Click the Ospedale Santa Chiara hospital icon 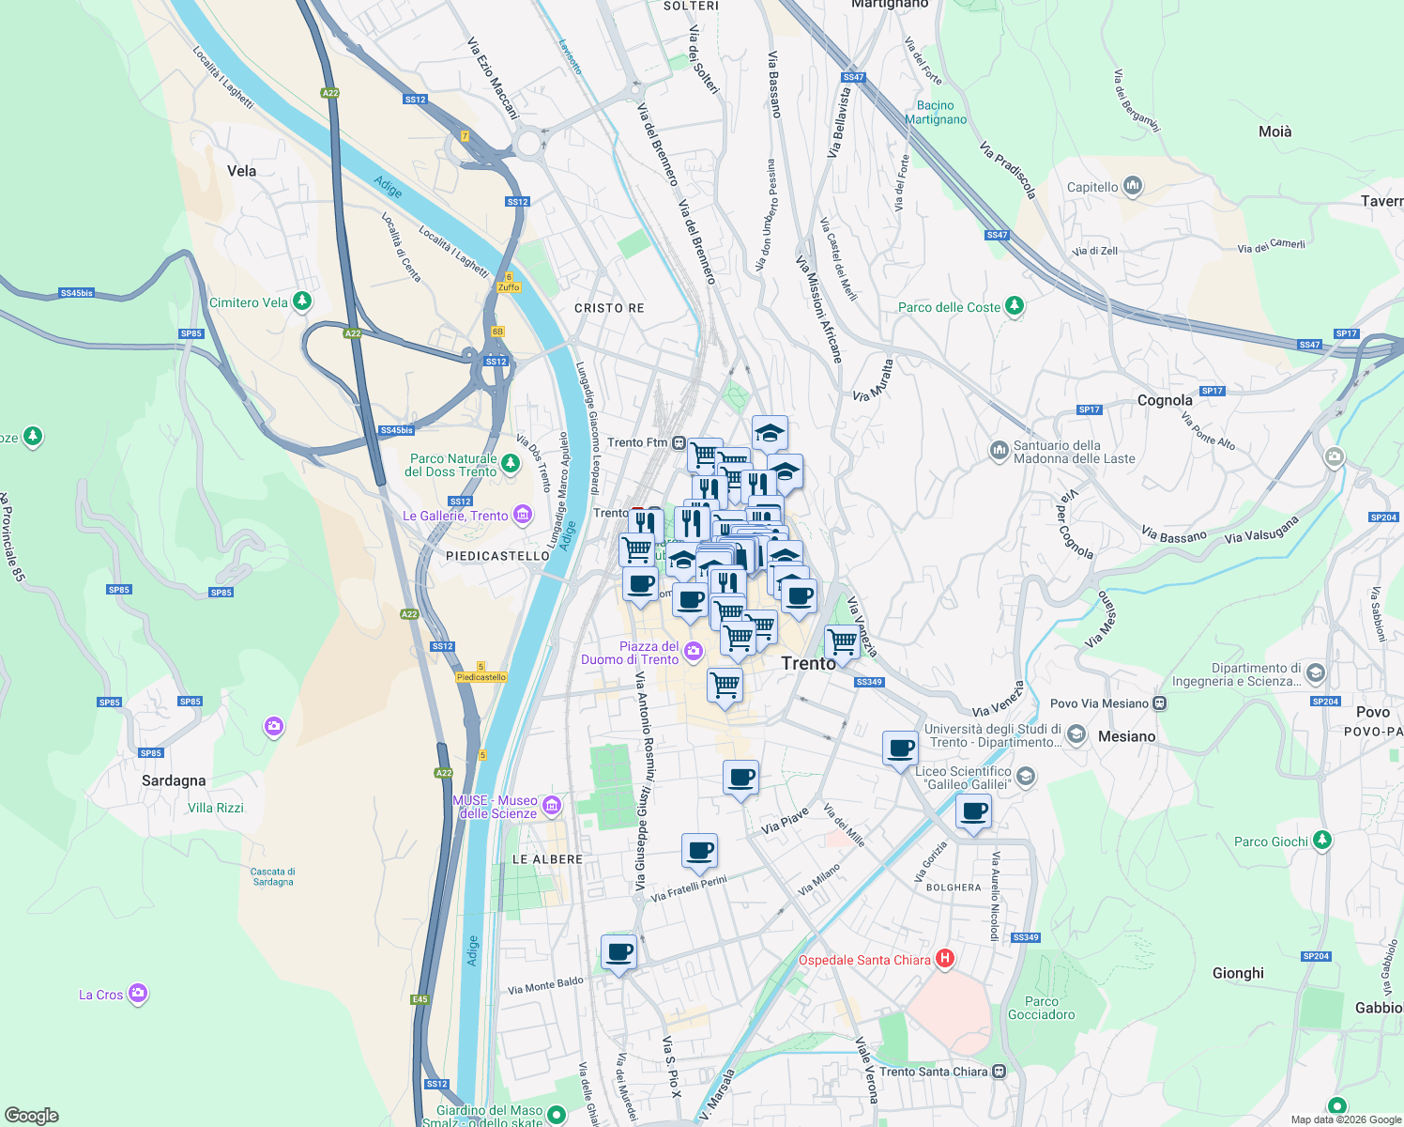tap(945, 959)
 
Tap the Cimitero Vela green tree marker tap(301, 301)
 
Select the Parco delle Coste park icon tap(1014, 306)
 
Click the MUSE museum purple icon tap(552, 805)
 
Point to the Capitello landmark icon tap(1133, 186)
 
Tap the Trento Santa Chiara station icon tap(999, 1071)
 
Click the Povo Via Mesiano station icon tap(1160, 702)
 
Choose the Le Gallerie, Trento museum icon tap(523, 515)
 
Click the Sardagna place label tap(174, 780)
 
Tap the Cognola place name tap(1165, 400)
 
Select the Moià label tap(1274, 131)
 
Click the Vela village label tap(241, 171)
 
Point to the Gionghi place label tap(1238, 973)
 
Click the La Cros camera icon tap(138, 993)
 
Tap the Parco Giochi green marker tap(1321, 840)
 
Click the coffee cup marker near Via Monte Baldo tap(618, 952)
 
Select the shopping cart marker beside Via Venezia tap(842, 641)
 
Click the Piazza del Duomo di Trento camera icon tap(693, 651)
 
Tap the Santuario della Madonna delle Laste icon tap(999, 451)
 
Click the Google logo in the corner tap(31, 1116)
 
